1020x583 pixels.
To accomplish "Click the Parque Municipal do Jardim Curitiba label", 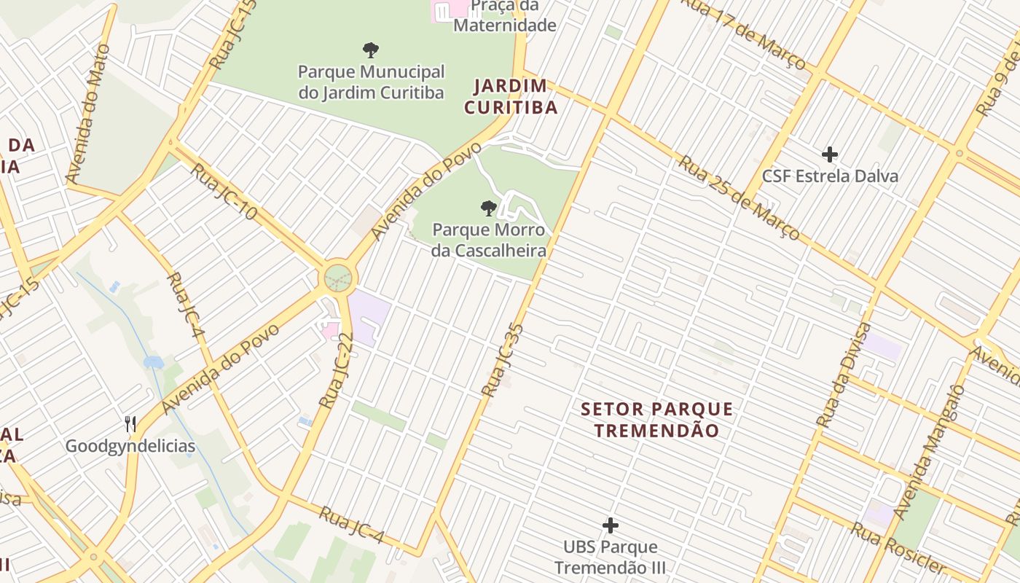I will tap(371, 82).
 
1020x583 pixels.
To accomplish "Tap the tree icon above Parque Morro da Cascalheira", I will tap(488, 208).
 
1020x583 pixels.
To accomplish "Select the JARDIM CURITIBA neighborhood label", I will tap(511, 97).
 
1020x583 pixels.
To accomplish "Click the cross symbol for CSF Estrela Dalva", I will tap(829, 154).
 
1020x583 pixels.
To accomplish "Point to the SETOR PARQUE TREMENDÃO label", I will tap(656, 420).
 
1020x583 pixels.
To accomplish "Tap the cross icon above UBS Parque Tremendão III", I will tap(611, 525).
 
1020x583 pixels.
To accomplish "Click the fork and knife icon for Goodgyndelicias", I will tap(130, 423).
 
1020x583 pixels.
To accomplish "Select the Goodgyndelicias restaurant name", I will tap(130, 446).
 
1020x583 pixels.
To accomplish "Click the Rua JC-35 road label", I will tap(503, 361).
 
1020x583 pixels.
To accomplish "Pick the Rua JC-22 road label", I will tap(337, 370).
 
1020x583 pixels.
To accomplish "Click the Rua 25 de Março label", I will tap(739, 197).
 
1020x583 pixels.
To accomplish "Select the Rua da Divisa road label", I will tap(844, 375).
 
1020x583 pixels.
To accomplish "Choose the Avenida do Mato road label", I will tap(88, 113).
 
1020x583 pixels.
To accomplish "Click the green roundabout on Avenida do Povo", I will tap(338, 278).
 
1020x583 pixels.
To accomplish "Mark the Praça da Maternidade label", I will tap(505, 16).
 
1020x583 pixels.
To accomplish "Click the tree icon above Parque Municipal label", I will tap(371, 50).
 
